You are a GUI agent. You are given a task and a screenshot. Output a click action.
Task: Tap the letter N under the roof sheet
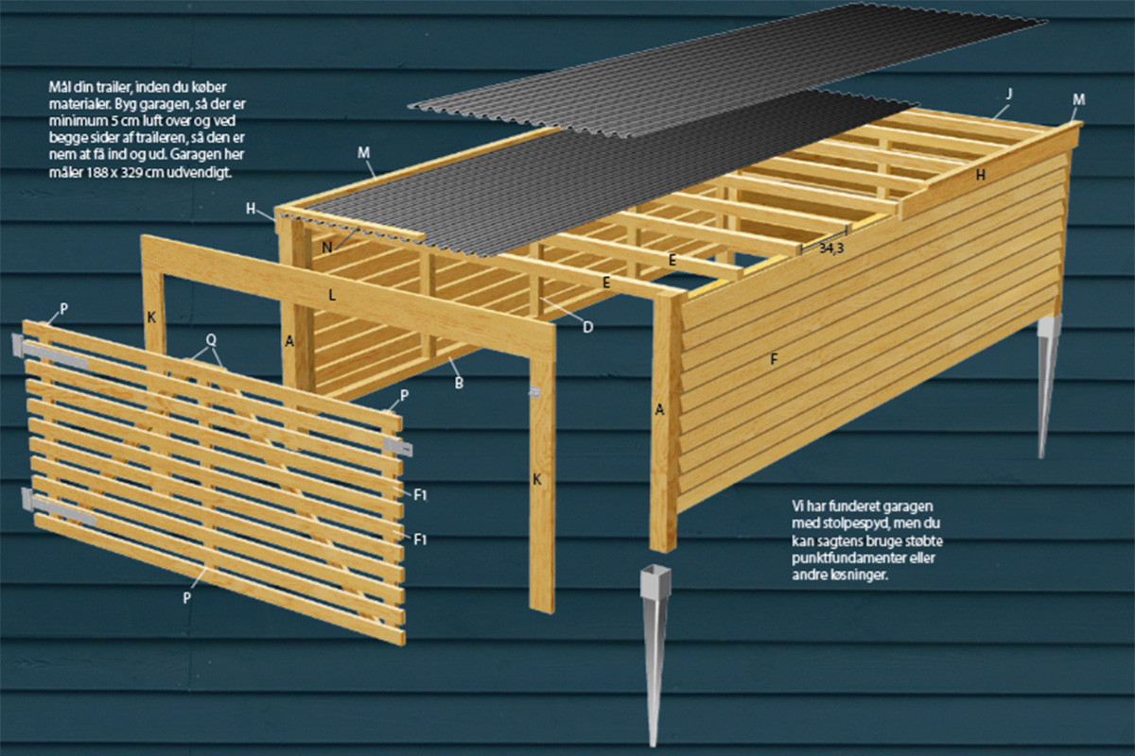point(327,248)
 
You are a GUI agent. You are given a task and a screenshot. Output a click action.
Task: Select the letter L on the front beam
point(332,295)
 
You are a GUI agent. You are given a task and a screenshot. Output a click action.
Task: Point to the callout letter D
point(587,327)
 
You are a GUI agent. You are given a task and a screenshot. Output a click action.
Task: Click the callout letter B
point(459,383)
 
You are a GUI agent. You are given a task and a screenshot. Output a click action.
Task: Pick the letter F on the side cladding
point(774,359)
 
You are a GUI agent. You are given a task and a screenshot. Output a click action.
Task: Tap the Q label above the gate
point(211,340)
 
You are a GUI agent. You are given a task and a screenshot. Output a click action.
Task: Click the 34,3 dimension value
point(831,249)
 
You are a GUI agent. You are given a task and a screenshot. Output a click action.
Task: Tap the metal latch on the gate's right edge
point(398,446)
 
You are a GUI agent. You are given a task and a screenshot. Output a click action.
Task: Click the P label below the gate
point(187,598)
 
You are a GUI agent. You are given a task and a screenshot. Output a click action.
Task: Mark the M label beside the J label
point(1079,100)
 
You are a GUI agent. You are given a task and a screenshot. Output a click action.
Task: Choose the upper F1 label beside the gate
point(420,495)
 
